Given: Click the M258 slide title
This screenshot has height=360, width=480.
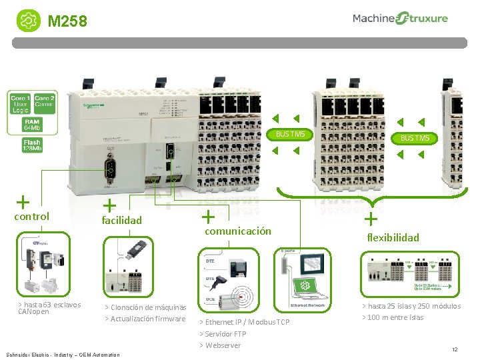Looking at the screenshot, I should tap(67, 22).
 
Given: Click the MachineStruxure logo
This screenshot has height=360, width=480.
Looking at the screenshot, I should tap(400, 19).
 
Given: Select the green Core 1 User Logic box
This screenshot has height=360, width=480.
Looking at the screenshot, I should tap(20, 104).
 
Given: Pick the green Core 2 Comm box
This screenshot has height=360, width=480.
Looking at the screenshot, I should tap(44, 101).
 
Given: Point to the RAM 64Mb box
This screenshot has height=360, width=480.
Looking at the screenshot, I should tap(32, 125).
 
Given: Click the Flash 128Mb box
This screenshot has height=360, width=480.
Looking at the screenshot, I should tap(32, 145).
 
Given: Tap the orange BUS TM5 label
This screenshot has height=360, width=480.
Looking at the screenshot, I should tap(291, 135).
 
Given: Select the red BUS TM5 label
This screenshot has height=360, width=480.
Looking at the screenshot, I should tap(415, 139).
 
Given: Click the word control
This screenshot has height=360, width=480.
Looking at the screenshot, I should tap(31, 216).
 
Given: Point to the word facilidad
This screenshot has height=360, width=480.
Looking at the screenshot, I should tap(121, 219).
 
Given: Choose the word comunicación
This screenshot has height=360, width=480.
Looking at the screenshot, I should tap(238, 231).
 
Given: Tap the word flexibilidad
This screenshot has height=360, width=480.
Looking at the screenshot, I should tap(393, 237).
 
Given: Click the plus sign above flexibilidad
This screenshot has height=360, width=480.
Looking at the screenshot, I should tap(371, 218).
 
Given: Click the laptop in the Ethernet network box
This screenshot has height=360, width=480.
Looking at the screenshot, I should tap(304, 287).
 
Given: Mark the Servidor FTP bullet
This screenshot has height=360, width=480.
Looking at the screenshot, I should tap(225, 333).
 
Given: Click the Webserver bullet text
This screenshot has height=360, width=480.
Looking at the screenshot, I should tap(223, 345).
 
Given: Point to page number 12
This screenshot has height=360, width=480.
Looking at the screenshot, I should tap(455, 350).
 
